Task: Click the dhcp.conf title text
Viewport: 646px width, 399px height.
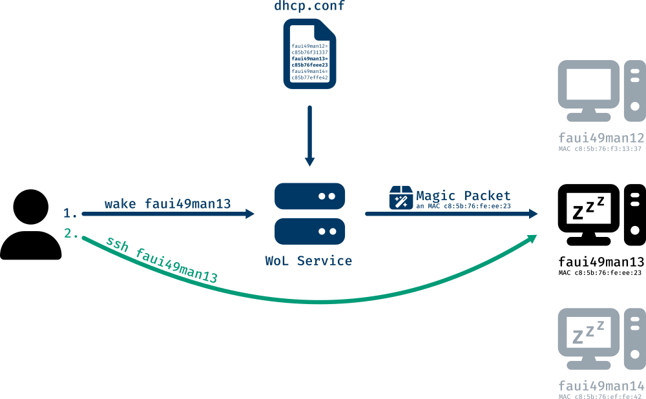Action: (310, 8)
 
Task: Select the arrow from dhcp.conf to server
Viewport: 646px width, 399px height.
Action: (309, 136)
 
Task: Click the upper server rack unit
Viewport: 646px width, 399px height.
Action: (310, 196)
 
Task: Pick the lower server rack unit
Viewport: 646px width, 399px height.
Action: (310, 230)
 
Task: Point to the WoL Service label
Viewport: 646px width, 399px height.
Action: (309, 261)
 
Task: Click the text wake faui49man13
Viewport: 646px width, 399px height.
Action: (167, 204)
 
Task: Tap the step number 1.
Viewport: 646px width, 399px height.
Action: (70, 212)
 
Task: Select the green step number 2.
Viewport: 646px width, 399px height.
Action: (71, 234)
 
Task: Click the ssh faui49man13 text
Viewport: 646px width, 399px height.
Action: (161, 260)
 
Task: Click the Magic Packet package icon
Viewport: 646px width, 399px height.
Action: (401, 198)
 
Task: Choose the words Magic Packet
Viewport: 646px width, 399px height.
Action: (463, 195)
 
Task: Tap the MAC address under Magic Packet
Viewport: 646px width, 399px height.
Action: (463, 206)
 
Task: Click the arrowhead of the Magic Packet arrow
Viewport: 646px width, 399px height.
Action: (533, 214)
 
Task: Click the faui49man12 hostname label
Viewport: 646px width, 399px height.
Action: (601, 138)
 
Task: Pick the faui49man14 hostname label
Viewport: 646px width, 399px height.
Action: (601, 385)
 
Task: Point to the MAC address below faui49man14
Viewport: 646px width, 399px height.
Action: (601, 395)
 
